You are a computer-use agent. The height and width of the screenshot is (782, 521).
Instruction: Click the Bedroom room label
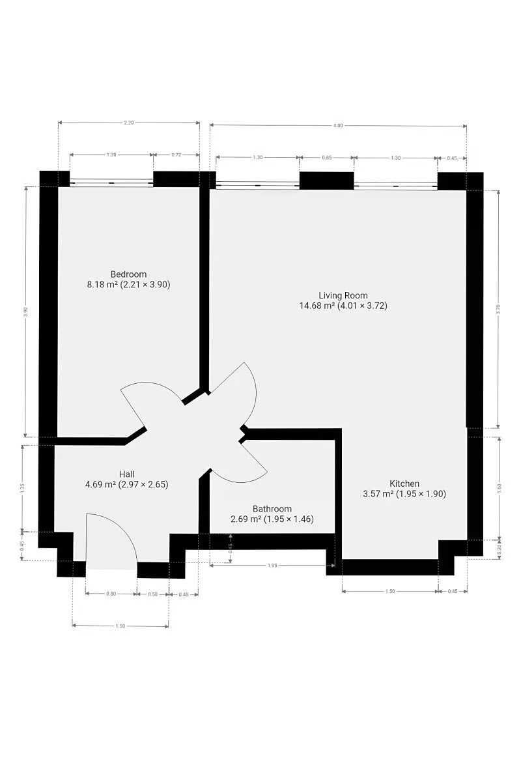(x=128, y=274)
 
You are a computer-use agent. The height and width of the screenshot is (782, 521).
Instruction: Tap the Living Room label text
(x=343, y=295)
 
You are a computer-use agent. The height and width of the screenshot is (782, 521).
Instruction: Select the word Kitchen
(x=404, y=484)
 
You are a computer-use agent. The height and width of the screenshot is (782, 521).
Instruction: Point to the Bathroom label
(x=272, y=509)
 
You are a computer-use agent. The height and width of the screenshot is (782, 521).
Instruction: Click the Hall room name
(x=127, y=474)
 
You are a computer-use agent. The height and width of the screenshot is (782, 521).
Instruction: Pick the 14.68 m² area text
(x=317, y=306)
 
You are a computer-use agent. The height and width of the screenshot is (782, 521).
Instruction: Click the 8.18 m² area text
(x=102, y=284)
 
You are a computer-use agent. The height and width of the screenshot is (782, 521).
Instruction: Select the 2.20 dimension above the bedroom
(x=129, y=123)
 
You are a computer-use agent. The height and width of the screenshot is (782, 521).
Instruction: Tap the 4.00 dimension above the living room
(x=338, y=125)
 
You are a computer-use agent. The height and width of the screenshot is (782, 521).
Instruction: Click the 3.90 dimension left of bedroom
(x=25, y=311)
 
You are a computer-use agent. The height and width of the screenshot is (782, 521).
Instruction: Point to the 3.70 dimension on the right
(x=498, y=310)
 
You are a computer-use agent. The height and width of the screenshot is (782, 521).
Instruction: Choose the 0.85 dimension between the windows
(x=327, y=158)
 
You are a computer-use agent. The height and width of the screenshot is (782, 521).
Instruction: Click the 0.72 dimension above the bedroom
(x=176, y=154)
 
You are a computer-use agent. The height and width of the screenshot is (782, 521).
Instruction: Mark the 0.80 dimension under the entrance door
(x=111, y=594)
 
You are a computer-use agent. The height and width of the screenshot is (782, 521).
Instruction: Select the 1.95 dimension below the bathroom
(x=272, y=565)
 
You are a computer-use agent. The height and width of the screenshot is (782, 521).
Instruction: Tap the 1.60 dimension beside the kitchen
(x=500, y=487)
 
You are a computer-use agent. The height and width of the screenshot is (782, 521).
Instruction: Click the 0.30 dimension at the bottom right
(x=500, y=550)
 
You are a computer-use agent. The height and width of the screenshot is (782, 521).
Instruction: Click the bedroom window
(x=111, y=182)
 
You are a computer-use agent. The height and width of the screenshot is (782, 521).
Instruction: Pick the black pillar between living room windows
(x=327, y=181)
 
